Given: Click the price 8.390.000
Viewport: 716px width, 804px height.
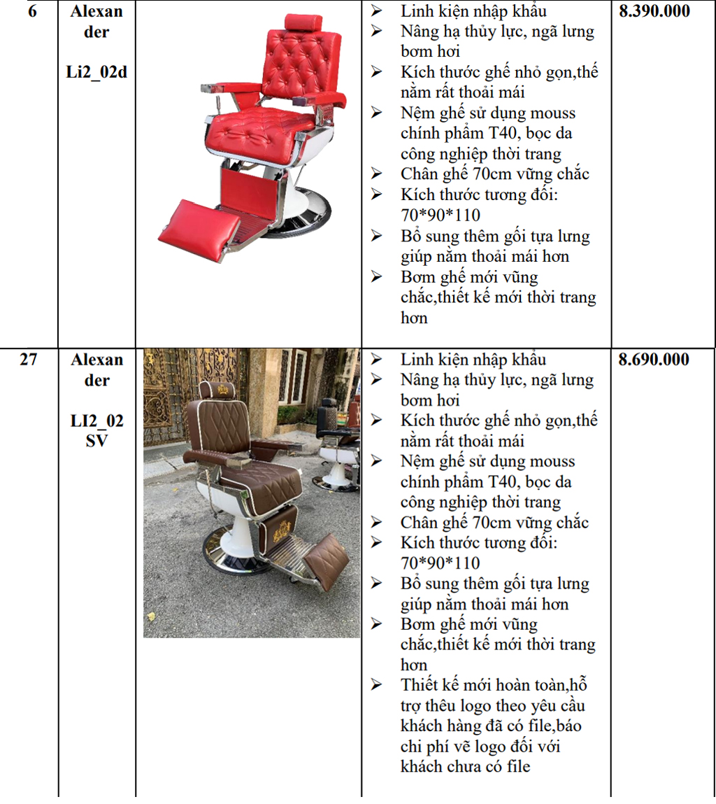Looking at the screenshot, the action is pos(654,11).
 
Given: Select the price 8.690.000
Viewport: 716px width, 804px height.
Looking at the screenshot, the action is pos(654,360).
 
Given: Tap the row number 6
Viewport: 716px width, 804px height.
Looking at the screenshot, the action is pos(32,11).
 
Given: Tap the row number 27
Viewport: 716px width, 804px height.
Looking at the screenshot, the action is pos(29,360).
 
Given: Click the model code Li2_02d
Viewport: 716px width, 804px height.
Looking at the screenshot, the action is pos(96,72).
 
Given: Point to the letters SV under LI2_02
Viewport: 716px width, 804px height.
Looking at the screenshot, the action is pos(97,441).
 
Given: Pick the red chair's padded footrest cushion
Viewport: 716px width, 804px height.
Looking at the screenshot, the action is pos(199,230).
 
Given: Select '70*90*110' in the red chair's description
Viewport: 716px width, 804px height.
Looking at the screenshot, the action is pos(441,215).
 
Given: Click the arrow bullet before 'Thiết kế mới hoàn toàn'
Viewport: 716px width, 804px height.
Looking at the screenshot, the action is pos(377,684).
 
